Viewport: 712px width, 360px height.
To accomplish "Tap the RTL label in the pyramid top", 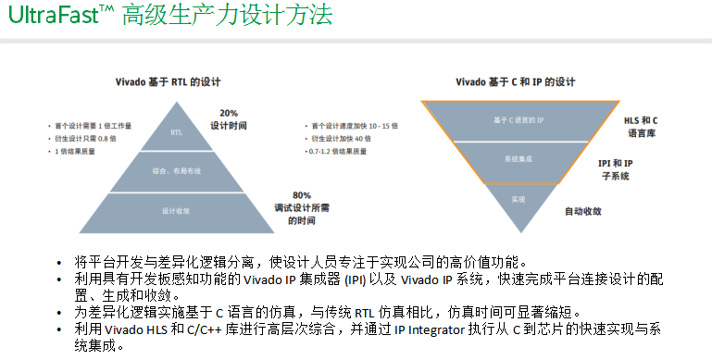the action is point(177,132).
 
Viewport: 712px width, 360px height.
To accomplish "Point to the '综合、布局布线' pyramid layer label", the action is point(175,171).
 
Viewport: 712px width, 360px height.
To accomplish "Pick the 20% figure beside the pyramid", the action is point(229,113).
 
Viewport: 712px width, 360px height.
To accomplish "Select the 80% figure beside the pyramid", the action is point(301,195).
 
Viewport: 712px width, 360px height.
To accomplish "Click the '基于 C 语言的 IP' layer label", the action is point(518,121).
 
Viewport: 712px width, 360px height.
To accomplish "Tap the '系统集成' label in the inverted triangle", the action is point(518,159).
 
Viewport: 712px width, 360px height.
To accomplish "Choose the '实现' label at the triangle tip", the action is point(518,198).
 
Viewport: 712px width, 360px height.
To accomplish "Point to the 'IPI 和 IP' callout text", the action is point(616,161).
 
